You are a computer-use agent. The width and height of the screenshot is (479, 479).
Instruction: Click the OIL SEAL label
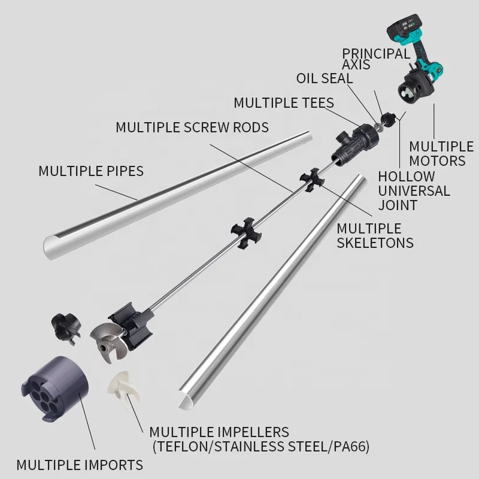click(x=325, y=78)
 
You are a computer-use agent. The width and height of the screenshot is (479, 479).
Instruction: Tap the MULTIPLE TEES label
click(x=284, y=102)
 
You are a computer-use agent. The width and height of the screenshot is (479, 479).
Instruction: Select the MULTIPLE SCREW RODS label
click(x=192, y=128)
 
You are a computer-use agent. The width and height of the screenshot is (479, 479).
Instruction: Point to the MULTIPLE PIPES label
click(x=91, y=171)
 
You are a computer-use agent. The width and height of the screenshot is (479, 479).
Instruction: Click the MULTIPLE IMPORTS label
click(x=80, y=465)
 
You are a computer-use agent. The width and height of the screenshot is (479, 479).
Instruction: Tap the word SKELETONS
click(x=375, y=243)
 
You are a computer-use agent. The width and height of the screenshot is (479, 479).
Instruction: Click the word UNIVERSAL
click(x=414, y=191)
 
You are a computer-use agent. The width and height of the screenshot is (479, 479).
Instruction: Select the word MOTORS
click(x=437, y=160)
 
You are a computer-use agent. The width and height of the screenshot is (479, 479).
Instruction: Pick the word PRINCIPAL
click(x=376, y=53)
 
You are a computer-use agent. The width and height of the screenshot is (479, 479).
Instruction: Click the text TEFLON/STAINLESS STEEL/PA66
click(x=261, y=447)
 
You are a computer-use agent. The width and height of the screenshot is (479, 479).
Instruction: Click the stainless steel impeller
click(x=108, y=342)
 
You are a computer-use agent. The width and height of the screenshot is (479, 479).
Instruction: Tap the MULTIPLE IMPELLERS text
click(x=219, y=432)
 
